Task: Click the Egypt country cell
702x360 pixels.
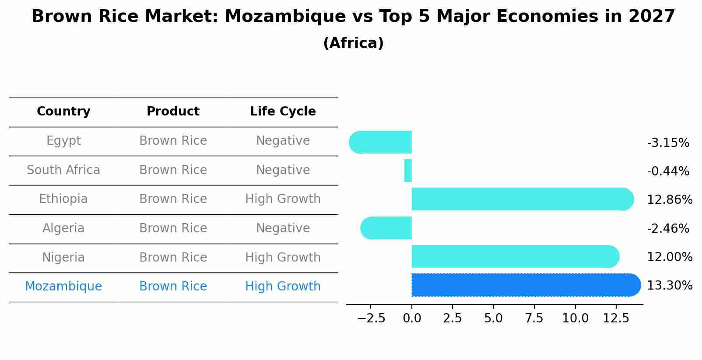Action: (x=63, y=141)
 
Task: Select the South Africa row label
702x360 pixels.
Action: (x=63, y=170)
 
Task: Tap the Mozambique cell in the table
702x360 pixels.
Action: (x=63, y=287)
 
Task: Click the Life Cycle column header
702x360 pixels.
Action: (x=283, y=112)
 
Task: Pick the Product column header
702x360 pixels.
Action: (x=173, y=112)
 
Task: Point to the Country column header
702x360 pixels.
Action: (x=63, y=112)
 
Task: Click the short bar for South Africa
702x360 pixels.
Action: (x=408, y=171)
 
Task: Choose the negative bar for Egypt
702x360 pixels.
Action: (x=381, y=142)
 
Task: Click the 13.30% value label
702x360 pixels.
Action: (x=670, y=286)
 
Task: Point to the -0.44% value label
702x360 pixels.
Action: (x=668, y=171)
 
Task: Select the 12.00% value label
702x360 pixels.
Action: (x=670, y=257)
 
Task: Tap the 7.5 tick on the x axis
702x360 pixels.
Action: (x=534, y=318)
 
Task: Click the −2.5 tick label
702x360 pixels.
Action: (x=371, y=318)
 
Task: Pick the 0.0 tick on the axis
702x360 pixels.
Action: (x=412, y=318)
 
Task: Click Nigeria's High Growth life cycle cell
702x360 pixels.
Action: (x=283, y=258)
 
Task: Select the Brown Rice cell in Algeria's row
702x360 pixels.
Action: (x=173, y=228)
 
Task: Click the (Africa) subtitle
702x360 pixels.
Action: (x=353, y=43)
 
